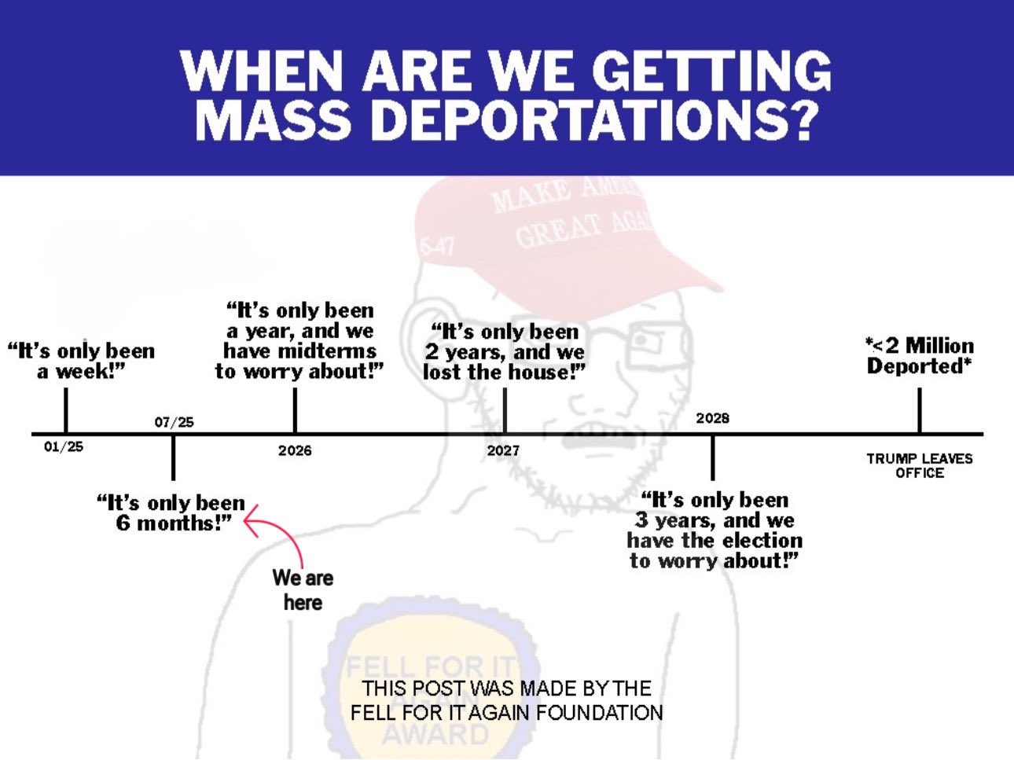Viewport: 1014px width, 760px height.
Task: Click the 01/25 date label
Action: pyautogui.click(x=64, y=446)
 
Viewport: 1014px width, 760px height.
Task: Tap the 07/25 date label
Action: pyautogui.click(x=175, y=422)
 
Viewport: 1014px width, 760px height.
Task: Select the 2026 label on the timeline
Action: pyautogui.click(x=295, y=450)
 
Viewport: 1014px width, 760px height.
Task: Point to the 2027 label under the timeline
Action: pyautogui.click(x=503, y=450)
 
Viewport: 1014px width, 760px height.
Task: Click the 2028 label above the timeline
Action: pyautogui.click(x=712, y=418)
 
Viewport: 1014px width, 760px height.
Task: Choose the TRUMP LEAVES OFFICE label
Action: pyautogui.click(x=920, y=465)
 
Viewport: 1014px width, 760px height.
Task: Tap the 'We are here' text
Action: pyautogui.click(x=303, y=590)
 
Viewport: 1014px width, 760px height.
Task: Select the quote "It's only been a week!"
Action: pyautogui.click(x=81, y=361)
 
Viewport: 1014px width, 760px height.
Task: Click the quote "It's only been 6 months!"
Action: pyautogui.click(x=171, y=512)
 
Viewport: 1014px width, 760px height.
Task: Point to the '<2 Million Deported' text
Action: pyautogui.click(x=920, y=355)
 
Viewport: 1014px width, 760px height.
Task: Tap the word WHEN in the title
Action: pyautogui.click(x=259, y=71)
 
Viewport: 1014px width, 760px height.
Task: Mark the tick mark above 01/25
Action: pyautogui.click(x=65, y=410)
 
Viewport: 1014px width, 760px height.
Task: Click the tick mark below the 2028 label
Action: pyautogui.click(x=712, y=458)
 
